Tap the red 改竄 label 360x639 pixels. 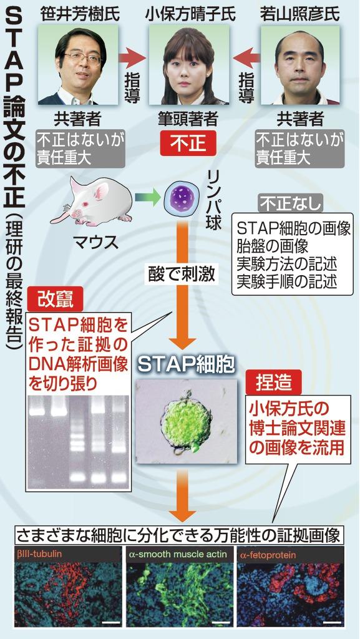click(54, 300)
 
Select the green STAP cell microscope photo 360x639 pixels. click(187, 421)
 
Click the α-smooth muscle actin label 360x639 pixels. click(178, 555)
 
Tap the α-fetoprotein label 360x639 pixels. click(268, 555)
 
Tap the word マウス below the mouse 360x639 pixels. click(97, 243)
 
